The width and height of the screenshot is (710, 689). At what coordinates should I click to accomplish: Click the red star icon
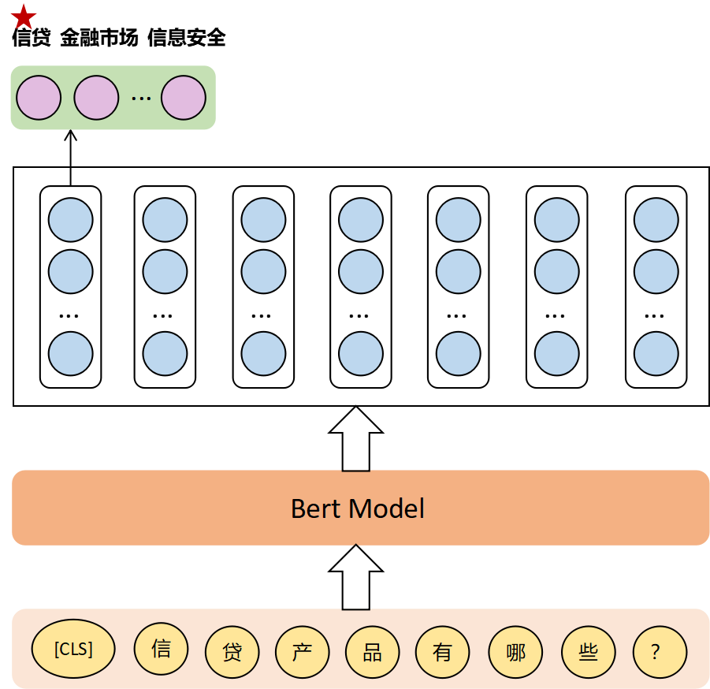pyautogui.click(x=24, y=17)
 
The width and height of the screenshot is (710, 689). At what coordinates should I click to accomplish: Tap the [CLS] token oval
pyautogui.click(x=73, y=650)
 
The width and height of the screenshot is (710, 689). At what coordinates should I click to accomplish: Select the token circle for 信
pyautogui.click(x=162, y=650)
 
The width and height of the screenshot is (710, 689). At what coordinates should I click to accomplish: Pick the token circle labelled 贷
pyautogui.click(x=232, y=653)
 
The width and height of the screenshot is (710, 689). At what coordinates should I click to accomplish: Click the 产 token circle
pyautogui.click(x=302, y=653)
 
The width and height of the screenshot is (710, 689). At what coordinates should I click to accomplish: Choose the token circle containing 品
pyautogui.click(x=372, y=653)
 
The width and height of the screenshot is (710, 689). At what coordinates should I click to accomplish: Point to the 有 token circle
pyautogui.click(x=442, y=653)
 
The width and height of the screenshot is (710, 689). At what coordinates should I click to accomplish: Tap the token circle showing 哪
pyautogui.click(x=516, y=653)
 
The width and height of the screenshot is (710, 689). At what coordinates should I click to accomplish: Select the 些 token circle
pyautogui.click(x=588, y=653)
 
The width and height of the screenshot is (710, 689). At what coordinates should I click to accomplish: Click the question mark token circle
pyautogui.click(x=660, y=653)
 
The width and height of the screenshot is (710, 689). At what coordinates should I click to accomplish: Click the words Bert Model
pyautogui.click(x=358, y=508)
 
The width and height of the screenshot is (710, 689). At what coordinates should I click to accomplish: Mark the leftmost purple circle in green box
pyautogui.click(x=39, y=98)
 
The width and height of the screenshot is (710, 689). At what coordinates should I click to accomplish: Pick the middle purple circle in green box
pyautogui.click(x=96, y=98)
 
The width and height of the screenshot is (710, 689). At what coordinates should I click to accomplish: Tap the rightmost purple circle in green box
pyautogui.click(x=184, y=98)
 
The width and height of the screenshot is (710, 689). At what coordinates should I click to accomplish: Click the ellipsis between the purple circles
pyautogui.click(x=140, y=99)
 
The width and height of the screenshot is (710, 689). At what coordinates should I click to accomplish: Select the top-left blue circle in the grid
pyautogui.click(x=71, y=220)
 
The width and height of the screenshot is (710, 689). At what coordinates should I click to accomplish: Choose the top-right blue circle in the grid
pyautogui.click(x=656, y=220)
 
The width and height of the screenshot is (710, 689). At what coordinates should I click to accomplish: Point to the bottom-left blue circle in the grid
pyautogui.click(x=71, y=353)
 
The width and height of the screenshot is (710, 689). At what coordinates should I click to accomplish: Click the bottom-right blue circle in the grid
pyautogui.click(x=656, y=353)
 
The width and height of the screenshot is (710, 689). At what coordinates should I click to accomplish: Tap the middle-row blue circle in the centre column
pyautogui.click(x=361, y=272)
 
